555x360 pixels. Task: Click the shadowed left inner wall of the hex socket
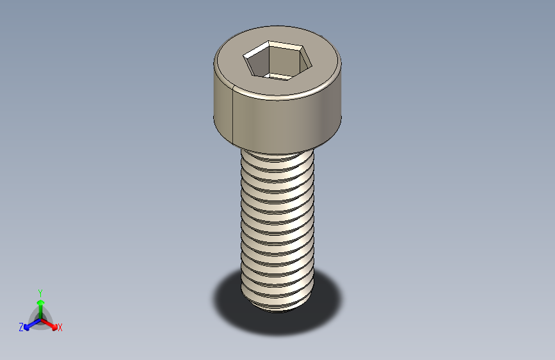(258, 63)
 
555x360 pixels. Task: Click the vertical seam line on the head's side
(232, 115)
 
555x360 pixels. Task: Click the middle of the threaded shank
(277, 224)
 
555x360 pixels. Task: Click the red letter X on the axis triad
(60, 328)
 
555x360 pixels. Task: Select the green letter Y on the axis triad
(40, 293)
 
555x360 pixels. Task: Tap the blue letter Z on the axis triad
(21, 327)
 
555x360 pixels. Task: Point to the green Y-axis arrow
(40, 306)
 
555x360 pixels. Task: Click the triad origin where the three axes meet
(40, 318)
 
